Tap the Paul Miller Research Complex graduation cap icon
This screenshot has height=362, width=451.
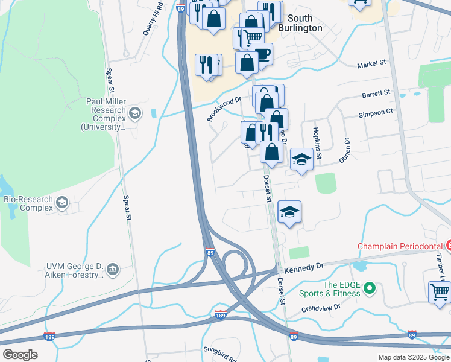[x=136, y=113]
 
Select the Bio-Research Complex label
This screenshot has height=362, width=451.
[x=27, y=203]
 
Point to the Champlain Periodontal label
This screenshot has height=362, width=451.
[x=400, y=246]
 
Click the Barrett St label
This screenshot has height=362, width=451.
[x=376, y=94]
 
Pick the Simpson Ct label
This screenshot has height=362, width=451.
[x=376, y=112]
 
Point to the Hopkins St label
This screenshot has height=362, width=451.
[x=317, y=145]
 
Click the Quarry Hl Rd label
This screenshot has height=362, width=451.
[x=153, y=19]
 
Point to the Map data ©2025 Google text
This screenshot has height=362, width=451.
[x=413, y=357]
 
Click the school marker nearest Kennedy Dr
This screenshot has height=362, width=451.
[x=289, y=212]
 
